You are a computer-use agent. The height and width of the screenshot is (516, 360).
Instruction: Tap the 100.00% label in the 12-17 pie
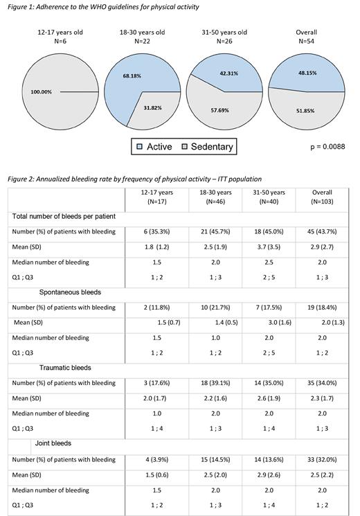[40, 91]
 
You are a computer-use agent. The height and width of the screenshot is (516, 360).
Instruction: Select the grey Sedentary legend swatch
[185, 147]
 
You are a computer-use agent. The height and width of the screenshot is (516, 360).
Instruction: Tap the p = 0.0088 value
[325, 147]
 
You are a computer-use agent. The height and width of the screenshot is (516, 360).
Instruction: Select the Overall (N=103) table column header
[322, 197]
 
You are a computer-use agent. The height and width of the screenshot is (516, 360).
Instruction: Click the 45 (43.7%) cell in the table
[322, 233]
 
